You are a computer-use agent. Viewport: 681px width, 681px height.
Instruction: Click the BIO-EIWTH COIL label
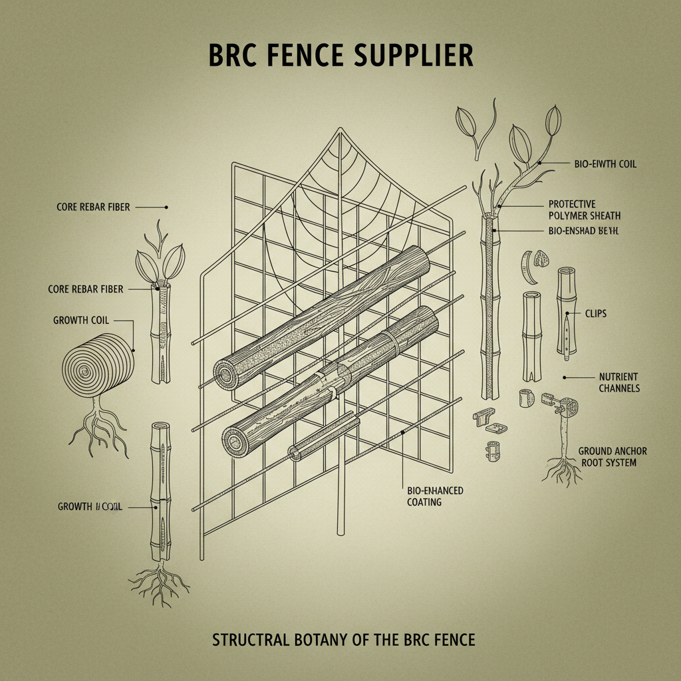(x=605, y=164)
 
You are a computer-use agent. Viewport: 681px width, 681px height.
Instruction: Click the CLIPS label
(x=596, y=313)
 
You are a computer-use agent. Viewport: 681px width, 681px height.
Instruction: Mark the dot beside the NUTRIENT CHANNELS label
(x=565, y=376)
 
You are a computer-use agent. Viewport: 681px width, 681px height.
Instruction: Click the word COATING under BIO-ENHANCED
(x=424, y=502)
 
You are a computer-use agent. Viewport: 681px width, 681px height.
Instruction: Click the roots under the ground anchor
(x=561, y=469)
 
